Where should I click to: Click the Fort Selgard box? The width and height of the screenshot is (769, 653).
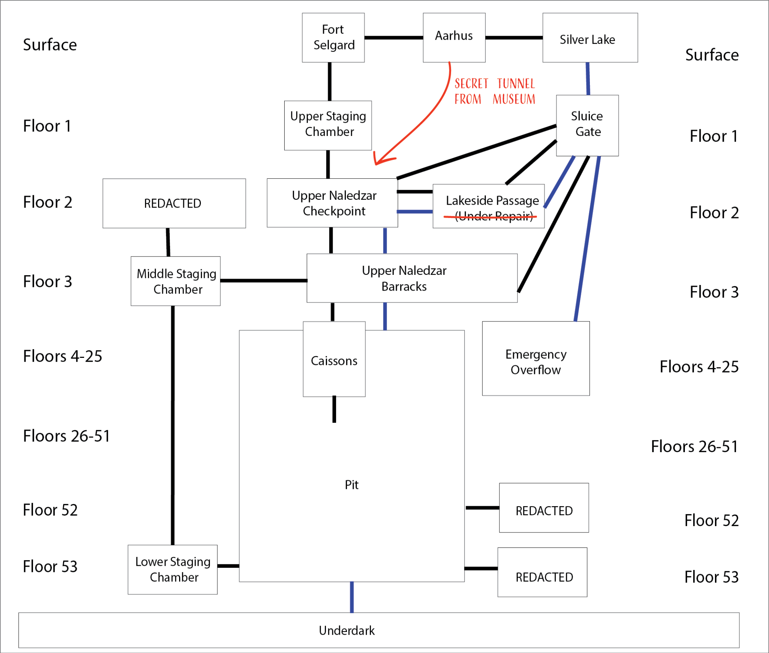(x=333, y=38)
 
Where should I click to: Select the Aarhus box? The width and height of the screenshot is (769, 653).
(x=454, y=38)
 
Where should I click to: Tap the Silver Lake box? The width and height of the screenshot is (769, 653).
(x=590, y=38)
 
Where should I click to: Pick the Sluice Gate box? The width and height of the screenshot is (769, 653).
(x=587, y=125)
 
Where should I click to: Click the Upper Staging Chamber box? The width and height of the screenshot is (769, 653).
(x=328, y=125)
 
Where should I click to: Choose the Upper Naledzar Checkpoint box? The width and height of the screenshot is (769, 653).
(x=332, y=203)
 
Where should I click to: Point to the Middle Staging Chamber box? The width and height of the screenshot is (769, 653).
(x=175, y=281)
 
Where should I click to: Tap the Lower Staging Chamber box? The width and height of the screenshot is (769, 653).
(x=172, y=569)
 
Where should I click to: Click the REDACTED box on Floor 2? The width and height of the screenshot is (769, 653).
(x=174, y=203)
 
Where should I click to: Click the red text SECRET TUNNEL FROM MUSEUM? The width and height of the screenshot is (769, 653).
(x=495, y=91)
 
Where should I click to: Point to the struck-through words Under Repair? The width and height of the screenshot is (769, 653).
(x=494, y=217)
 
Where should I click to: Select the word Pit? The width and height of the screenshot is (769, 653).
(x=351, y=485)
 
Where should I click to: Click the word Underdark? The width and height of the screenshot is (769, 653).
(x=347, y=630)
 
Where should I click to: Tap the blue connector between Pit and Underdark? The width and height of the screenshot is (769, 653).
(x=352, y=597)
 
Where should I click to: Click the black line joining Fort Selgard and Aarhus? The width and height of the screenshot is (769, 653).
(x=394, y=38)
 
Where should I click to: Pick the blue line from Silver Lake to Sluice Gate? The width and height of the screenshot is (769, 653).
(x=588, y=78)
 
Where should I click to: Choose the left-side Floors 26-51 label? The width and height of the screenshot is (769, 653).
(x=66, y=436)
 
